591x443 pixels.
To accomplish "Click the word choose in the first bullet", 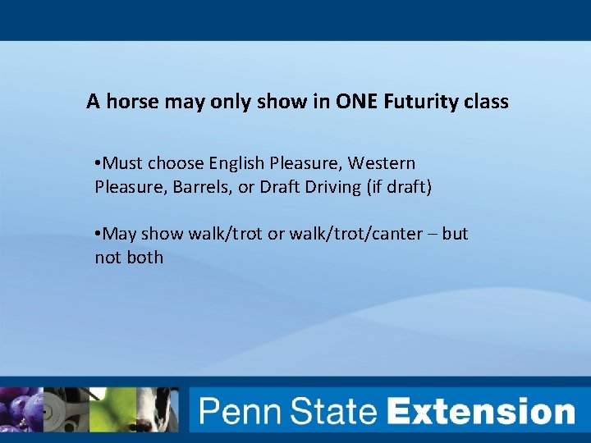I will (176, 163).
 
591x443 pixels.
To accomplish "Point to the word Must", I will (124, 163).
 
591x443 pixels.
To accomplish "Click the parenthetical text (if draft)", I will (398, 187).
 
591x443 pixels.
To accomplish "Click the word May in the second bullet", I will (121, 234).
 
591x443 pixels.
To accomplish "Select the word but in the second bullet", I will (455, 234).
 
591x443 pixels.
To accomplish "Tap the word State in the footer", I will (331, 411).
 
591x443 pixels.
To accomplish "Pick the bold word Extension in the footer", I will (482, 411).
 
